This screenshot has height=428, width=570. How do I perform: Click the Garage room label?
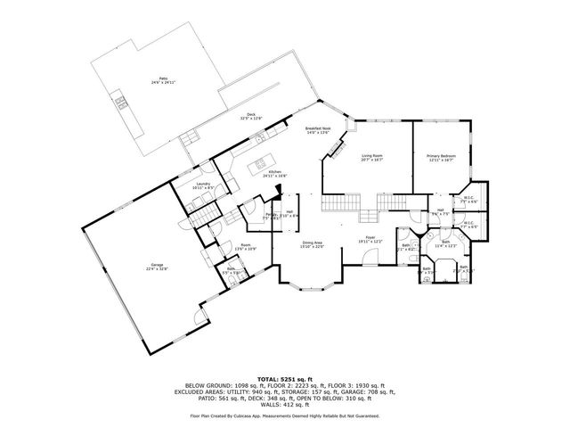(158, 266)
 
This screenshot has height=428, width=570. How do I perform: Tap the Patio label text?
(162, 81)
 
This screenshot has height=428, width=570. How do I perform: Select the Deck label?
(251, 116)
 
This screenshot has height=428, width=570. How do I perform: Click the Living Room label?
(371, 159)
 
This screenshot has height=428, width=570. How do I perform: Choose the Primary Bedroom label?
(439, 158)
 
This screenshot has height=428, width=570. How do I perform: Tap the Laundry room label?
(203, 186)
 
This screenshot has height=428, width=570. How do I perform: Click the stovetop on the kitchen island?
(261, 163)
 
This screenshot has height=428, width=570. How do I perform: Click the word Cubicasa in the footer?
(254, 416)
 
